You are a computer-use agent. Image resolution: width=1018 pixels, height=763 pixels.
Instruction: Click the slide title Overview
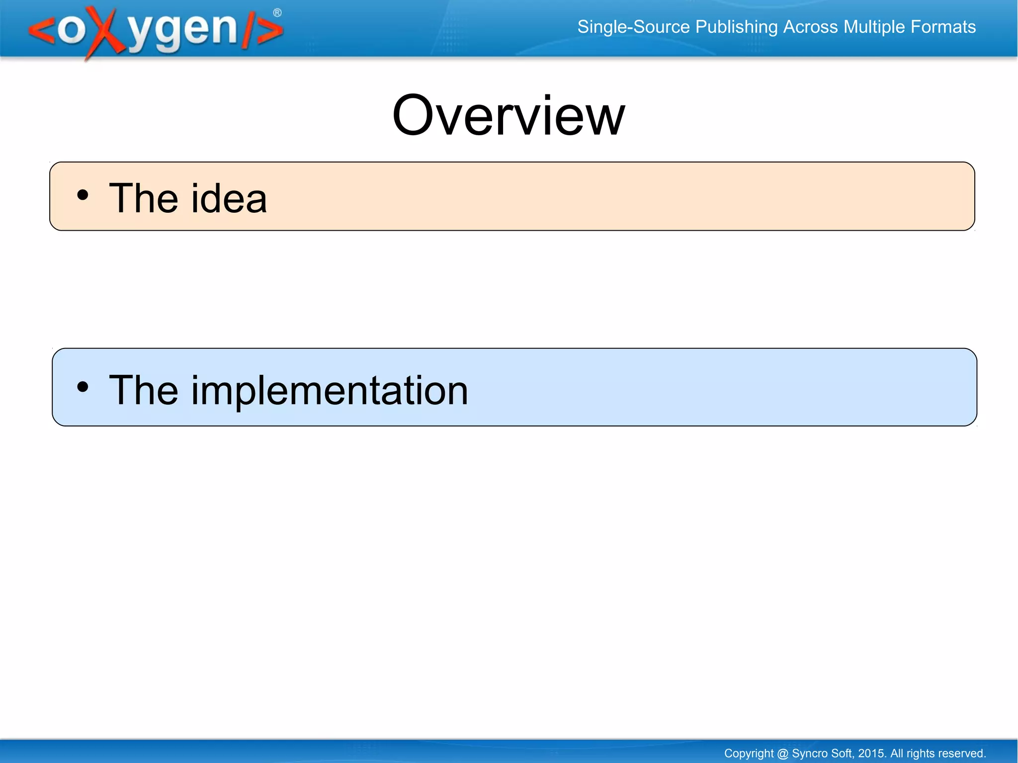[508, 116]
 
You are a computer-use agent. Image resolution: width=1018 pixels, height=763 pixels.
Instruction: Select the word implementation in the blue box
[329, 391]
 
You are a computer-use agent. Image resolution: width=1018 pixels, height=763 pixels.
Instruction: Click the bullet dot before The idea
[83, 195]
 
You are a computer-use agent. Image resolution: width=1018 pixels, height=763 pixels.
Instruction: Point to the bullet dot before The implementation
[83, 387]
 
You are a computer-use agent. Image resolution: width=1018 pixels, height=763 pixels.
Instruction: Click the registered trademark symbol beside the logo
[277, 13]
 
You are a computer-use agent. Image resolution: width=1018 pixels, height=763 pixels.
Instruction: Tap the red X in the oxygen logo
[105, 32]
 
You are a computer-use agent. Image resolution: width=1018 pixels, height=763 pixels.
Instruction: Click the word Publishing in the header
[736, 27]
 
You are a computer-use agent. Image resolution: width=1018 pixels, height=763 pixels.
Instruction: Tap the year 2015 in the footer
[871, 754]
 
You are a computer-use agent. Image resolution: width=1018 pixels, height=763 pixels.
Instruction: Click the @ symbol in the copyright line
[782, 754]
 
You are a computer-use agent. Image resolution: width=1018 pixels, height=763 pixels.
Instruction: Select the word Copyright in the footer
[748, 754]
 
